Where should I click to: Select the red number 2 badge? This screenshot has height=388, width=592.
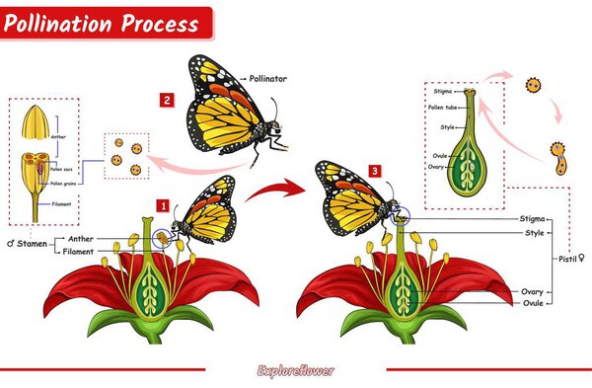[168, 99]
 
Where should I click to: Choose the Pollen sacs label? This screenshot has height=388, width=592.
[63, 170]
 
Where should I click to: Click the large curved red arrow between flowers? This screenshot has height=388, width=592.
[270, 188]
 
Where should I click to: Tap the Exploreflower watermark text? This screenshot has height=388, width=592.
[296, 371]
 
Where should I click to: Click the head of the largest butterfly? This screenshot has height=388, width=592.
[266, 127]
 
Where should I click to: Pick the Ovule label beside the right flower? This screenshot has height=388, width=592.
[532, 303]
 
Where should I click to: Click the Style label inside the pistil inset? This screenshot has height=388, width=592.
[447, 127]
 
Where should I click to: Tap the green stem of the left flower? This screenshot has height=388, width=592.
[153, 334]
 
